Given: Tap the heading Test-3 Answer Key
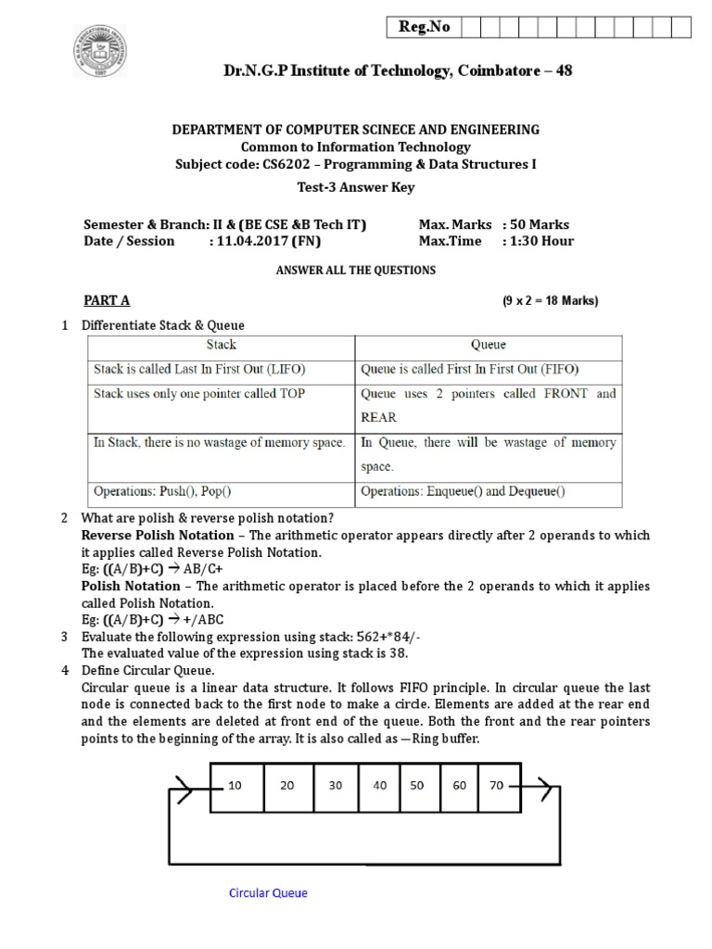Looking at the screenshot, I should (356, 187).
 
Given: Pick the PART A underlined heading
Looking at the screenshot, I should (107, 300).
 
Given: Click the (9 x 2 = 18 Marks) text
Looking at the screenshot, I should (551, 301).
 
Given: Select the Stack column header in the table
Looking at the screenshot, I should (221, 345).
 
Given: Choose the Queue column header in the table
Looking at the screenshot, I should (489, 345).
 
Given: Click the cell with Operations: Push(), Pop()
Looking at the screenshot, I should (162, 491).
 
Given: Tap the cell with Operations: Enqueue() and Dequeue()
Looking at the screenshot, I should (463, 491).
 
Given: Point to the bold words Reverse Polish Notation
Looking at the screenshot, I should (158, 536).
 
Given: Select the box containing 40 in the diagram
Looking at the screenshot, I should (380, 785).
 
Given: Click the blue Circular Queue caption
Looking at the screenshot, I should (268, 893).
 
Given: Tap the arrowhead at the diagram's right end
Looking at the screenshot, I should (548, 790).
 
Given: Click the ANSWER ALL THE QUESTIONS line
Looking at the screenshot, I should (356, 271).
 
